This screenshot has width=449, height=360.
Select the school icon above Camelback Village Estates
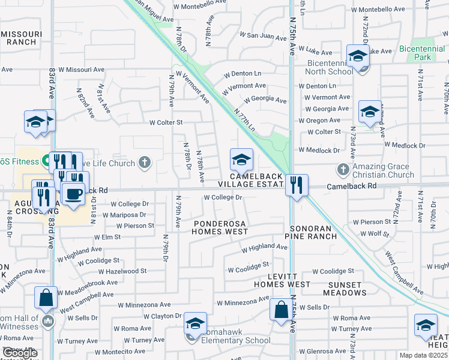[x=241, y=160]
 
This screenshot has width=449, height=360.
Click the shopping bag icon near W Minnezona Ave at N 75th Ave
[x=280, y=310]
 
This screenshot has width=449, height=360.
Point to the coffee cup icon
[x=74, y=194]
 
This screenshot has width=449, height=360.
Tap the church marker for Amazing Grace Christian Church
[x=343, y=169]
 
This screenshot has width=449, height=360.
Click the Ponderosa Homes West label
[x=220, y=227]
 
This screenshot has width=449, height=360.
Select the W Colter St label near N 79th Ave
[x=166, y=123]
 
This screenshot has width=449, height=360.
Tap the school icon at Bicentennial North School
[x=358, y=56]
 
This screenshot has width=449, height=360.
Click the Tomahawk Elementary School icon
[x=195, y=324]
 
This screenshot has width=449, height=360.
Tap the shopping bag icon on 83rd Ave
[x=46, y=298]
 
